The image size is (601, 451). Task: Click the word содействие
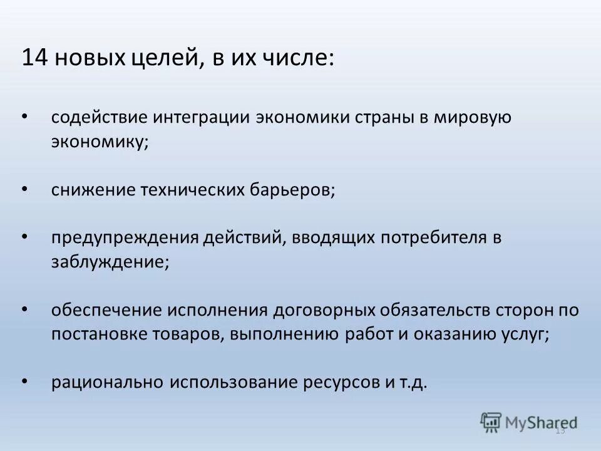(x=100, y=117)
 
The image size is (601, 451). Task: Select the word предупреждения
(x=125, y=237)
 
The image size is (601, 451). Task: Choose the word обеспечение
(x=106, y=310)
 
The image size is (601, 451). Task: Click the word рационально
(x=107, y=382)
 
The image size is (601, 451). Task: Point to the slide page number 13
(x=560, y=430)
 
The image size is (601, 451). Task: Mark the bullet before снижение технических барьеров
(x=24, y=189)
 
